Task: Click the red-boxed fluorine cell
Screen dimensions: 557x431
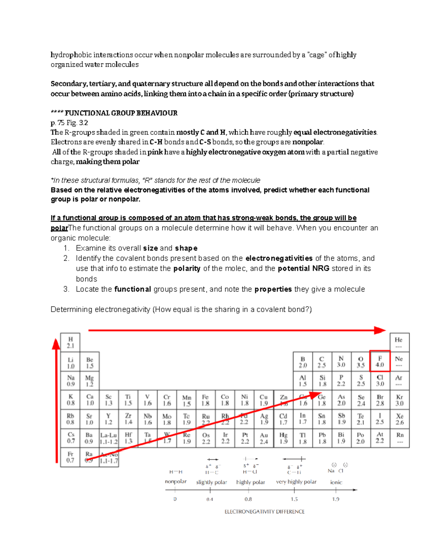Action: click(x=380, y=362)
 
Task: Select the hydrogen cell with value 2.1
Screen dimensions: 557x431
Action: click(x=70, y=343)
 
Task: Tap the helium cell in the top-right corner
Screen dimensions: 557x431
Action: click(x=399, y=343)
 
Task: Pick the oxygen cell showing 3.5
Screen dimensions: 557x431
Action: click(x=361, y=362)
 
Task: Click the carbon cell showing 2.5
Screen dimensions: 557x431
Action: click(x=322, y=362)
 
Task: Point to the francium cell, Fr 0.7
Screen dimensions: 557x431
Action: click(x=70, y=457)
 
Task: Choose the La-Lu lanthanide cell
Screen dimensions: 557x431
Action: click(x=108, y=438)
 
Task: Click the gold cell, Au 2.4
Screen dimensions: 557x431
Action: click(x=264, y=438)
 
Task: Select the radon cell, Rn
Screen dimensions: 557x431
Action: click(x=399, y=438)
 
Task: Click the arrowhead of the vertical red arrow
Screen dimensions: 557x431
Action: click(x=56, y=344)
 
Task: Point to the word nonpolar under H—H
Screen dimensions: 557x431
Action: click(x=176, y=481)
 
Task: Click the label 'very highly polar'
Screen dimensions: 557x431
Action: click(x=296, y=482)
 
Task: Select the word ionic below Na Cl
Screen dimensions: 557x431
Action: click(x=336, y=482)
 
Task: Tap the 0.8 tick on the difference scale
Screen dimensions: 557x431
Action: click(x=248, y=499)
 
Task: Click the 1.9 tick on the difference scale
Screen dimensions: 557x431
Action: click(x=335, y=499)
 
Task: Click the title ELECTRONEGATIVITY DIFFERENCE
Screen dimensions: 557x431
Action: click(x=264, y=511)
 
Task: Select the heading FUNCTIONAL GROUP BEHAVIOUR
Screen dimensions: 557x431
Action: click(x=121, y=113)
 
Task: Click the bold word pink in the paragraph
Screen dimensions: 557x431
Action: click(x=155, y=152)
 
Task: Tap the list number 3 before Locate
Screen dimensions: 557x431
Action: click(x=66, y=289)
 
